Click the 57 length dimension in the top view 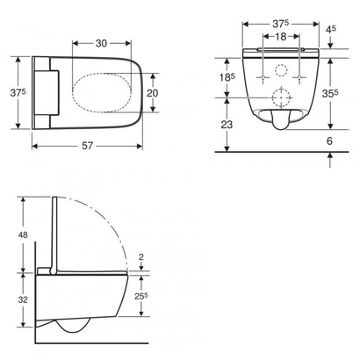[x=87, y=146]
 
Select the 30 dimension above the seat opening [x=101, y=43]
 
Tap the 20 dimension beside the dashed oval [x=152, y=93]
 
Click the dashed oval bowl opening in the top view [x=102, y=92]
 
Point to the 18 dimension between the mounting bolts [x=281, y=36]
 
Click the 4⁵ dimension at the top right [x=331, y=30]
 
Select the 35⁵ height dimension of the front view [x=330, y=93]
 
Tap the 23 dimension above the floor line [x=227, y=125]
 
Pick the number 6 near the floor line [x=329, y=141]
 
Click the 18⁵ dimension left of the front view [x=227, y=77]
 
